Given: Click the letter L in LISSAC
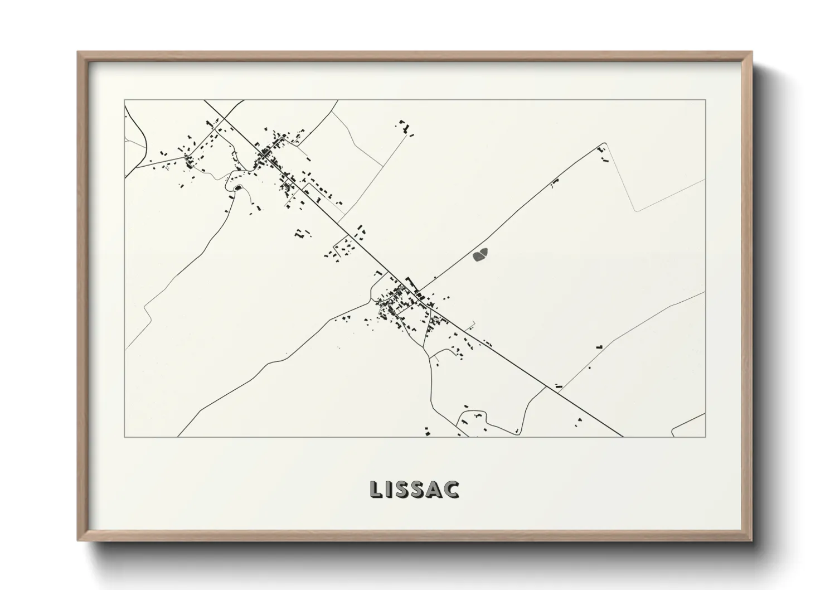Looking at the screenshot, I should (x=375, y=489).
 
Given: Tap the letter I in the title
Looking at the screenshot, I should (x=390, y=489).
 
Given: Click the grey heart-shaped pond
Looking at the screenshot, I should (x=480, y=255).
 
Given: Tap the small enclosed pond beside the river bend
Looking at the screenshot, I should (x=239, y=188).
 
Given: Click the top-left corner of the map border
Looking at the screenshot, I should (x=125, y=100).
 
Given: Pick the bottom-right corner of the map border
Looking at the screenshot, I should (x=705, y=437).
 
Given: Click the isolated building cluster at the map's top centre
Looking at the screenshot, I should (x=406, y=127).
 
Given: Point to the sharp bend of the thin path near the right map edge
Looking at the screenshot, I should (x=637, y=211).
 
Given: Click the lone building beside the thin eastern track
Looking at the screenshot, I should (x=600, y=346).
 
